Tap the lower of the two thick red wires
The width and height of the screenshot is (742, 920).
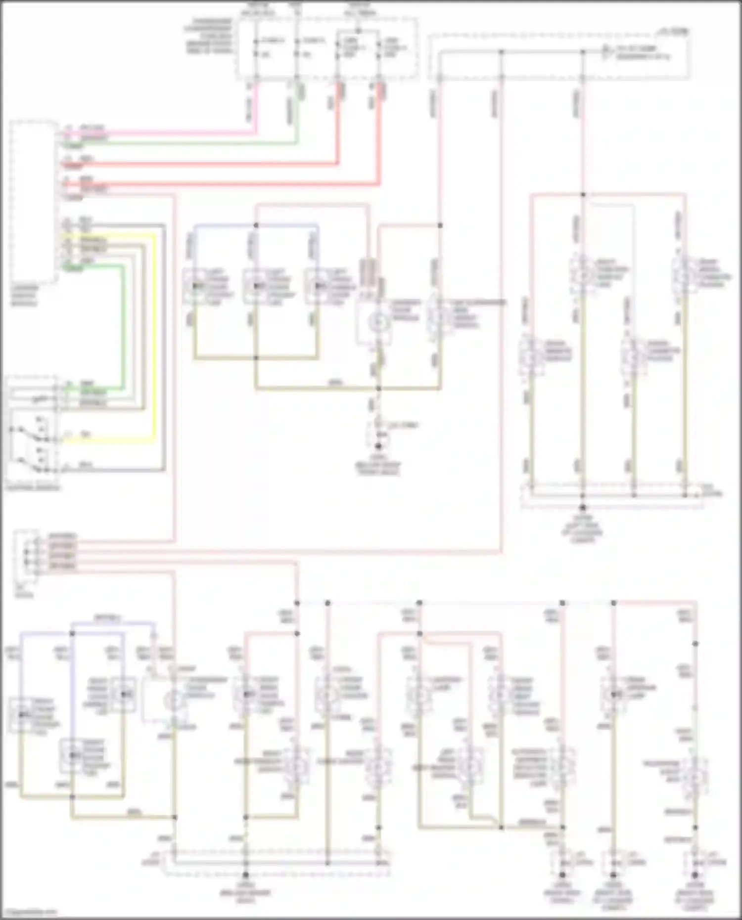223,184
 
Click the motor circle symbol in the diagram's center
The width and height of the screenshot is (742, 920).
379,322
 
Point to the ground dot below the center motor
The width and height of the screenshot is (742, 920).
379,446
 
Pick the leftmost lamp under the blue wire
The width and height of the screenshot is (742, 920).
196,286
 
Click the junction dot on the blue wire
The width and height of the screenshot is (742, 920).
256,225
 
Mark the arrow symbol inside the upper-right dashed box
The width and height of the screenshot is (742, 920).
607,51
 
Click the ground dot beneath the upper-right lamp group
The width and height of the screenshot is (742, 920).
583,508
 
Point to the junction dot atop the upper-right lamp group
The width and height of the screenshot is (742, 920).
583,194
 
